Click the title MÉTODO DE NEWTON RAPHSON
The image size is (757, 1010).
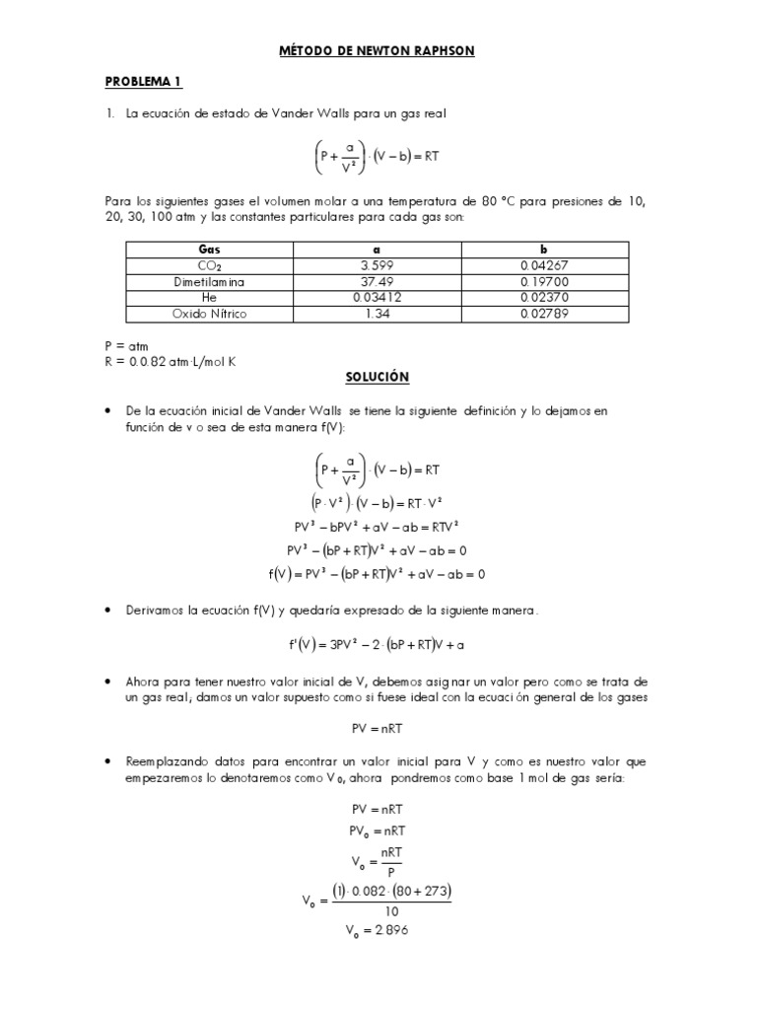click(378, 50)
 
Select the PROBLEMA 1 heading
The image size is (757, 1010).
click(144, 82)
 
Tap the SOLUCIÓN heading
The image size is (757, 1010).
click(378, 378)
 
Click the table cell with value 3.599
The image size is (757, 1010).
click(378, 266)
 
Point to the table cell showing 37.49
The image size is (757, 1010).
click(378, 282)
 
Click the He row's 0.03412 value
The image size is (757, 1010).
click(378, 298)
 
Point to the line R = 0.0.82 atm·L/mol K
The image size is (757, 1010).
click(171, 361)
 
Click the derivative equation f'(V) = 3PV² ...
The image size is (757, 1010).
click(378, 645)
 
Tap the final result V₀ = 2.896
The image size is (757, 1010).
click(378, 931)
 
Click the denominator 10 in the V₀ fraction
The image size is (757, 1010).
click(392, 911)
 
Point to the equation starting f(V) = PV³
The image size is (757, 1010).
click(378, 574)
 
